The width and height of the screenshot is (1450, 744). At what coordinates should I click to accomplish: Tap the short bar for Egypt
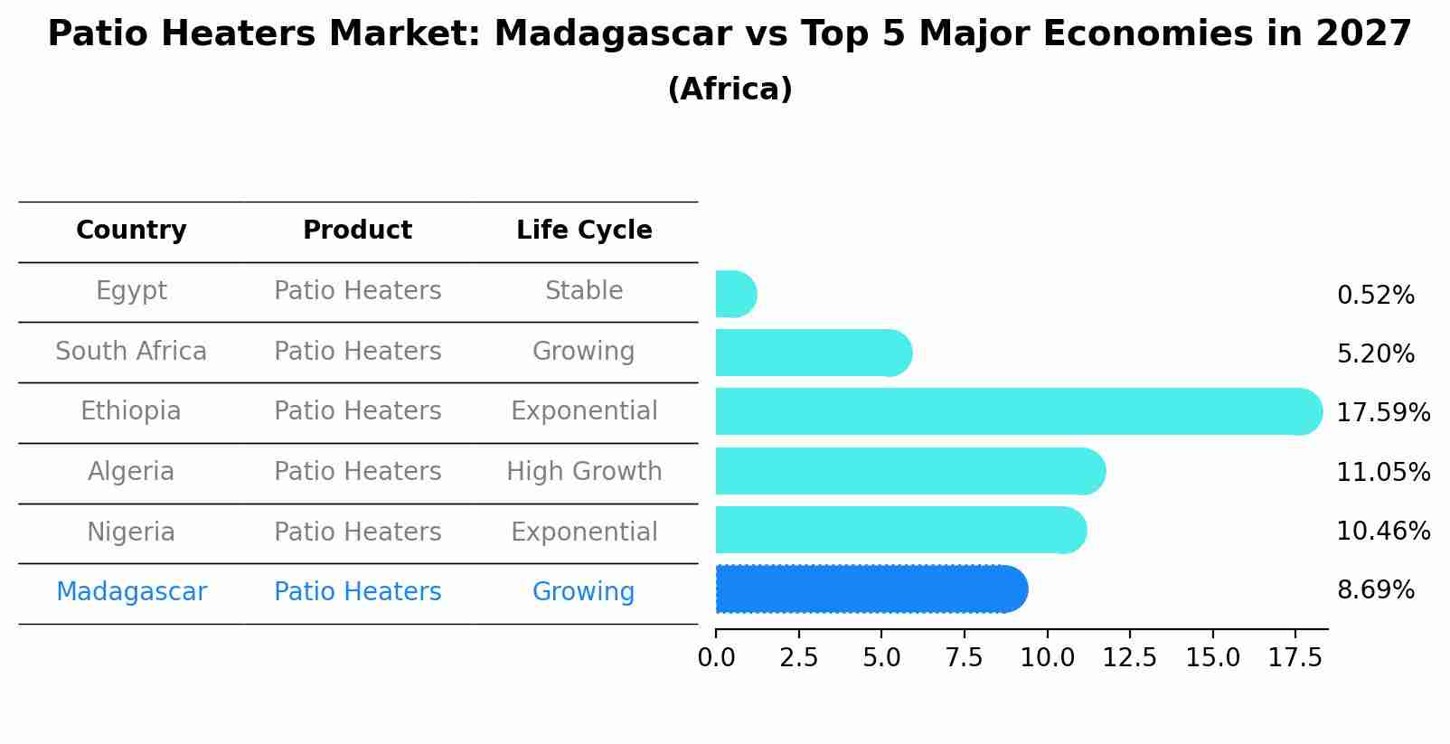click(x=735, y=294)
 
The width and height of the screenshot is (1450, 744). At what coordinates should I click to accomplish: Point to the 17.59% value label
click(x=1382, y=413)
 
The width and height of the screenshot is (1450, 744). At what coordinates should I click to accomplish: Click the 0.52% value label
click(x=1375, y=296)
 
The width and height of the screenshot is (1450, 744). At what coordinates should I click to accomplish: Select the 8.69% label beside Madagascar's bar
click(x=1375, y=590)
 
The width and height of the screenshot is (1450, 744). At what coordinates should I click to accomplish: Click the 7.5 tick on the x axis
click(x=964, y=658)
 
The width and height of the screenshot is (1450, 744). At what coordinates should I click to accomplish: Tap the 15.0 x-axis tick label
click(x=1212, y=658)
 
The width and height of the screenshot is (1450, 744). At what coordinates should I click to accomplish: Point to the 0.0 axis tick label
click(x=716, y=658)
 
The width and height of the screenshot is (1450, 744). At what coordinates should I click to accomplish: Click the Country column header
click(x=131, y=231)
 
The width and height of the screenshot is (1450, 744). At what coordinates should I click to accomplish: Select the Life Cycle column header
click(x=584, y=231)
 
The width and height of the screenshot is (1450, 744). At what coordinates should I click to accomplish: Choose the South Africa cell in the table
click(x=131, y=351)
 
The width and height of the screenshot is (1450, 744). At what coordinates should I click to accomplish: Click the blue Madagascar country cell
click(x=131, y=592)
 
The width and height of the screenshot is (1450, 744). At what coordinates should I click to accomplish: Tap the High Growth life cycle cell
click(x=584, y=472)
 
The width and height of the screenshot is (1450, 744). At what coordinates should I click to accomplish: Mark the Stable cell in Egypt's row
click(x=584, y=291)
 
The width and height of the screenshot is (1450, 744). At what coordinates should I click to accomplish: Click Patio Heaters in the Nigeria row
click(x=357, y=532)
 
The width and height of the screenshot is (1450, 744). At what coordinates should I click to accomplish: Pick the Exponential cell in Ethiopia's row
click(x=584, y=411)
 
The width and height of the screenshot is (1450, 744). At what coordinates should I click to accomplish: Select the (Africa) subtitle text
click(x=730, y=89)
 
